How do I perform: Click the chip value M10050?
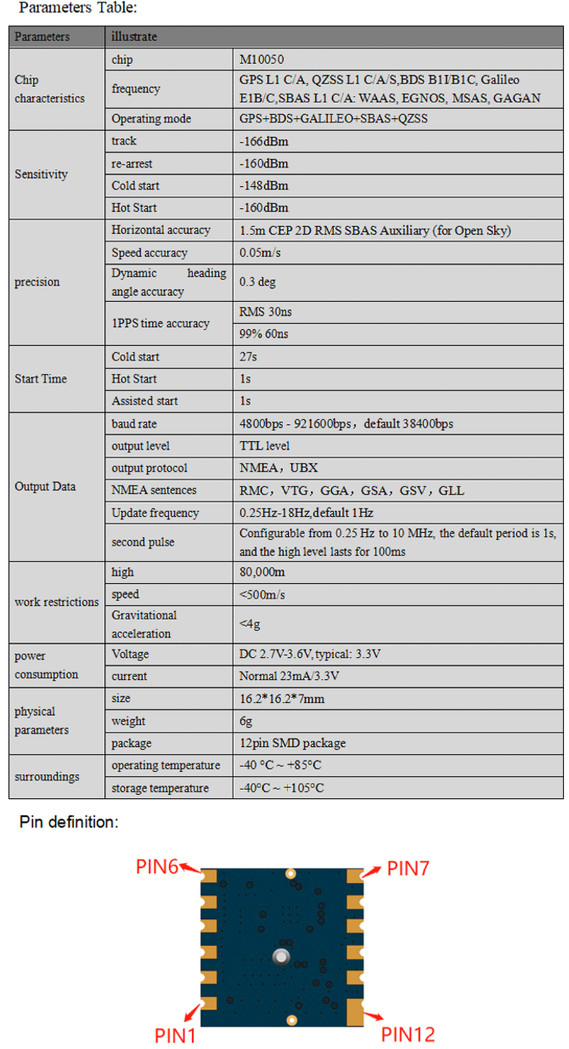(x=262, y=60)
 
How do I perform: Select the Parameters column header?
(x=42, y=37)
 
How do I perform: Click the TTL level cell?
(x=264, y=445)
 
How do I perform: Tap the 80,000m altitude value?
(x=262, y=572)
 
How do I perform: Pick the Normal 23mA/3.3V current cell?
(x=294, y=677)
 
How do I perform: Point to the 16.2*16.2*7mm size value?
(x=282, y=699)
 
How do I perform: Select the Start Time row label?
(x=41, y=379)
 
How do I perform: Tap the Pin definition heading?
(x=70, y=822)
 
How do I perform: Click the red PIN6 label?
(x=157, y=866)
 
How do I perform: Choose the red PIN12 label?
(x=408, y=1034)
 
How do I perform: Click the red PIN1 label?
(x=176, y=1035)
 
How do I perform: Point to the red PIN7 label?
(x=408, y=868)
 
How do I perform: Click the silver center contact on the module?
(x=281, y=957)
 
